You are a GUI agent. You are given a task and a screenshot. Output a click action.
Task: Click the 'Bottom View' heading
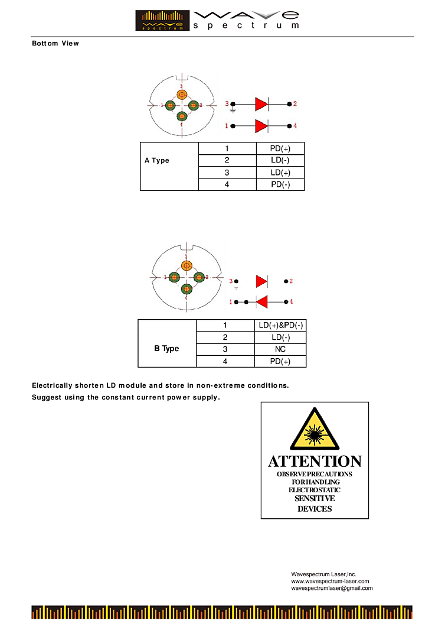coord(55,43)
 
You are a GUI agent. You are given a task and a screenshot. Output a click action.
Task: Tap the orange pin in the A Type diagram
coord(182,95)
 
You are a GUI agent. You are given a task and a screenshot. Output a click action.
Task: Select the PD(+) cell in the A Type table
coord(280,148)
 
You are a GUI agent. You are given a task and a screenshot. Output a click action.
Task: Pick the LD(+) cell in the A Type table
coord(280,173)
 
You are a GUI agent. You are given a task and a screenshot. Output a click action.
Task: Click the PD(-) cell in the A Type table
coord(280,184)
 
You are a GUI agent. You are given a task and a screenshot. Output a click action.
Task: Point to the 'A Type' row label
coord(157,161)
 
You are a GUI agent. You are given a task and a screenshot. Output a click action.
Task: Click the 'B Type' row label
coord(166,349)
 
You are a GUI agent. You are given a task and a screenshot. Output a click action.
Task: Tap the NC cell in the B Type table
coord(280,349)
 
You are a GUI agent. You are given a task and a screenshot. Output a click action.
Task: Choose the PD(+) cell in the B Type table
coord(280,361)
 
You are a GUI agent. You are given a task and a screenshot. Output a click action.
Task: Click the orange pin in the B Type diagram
coord(186,266)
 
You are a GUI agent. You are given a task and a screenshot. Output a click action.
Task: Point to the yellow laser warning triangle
coord(315,430)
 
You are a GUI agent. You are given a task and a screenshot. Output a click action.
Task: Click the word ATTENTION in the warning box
coord(315,462)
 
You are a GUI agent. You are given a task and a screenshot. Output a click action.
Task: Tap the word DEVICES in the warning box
coord(315,509)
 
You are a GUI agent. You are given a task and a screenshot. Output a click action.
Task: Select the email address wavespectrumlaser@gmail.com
coord(332,589)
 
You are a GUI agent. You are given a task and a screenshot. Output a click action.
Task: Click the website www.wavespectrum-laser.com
coord(330,582)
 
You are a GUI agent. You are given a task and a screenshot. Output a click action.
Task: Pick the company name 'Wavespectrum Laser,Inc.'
coord(323,574)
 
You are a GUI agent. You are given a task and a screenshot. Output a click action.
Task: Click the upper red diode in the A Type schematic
coord(261,104)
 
